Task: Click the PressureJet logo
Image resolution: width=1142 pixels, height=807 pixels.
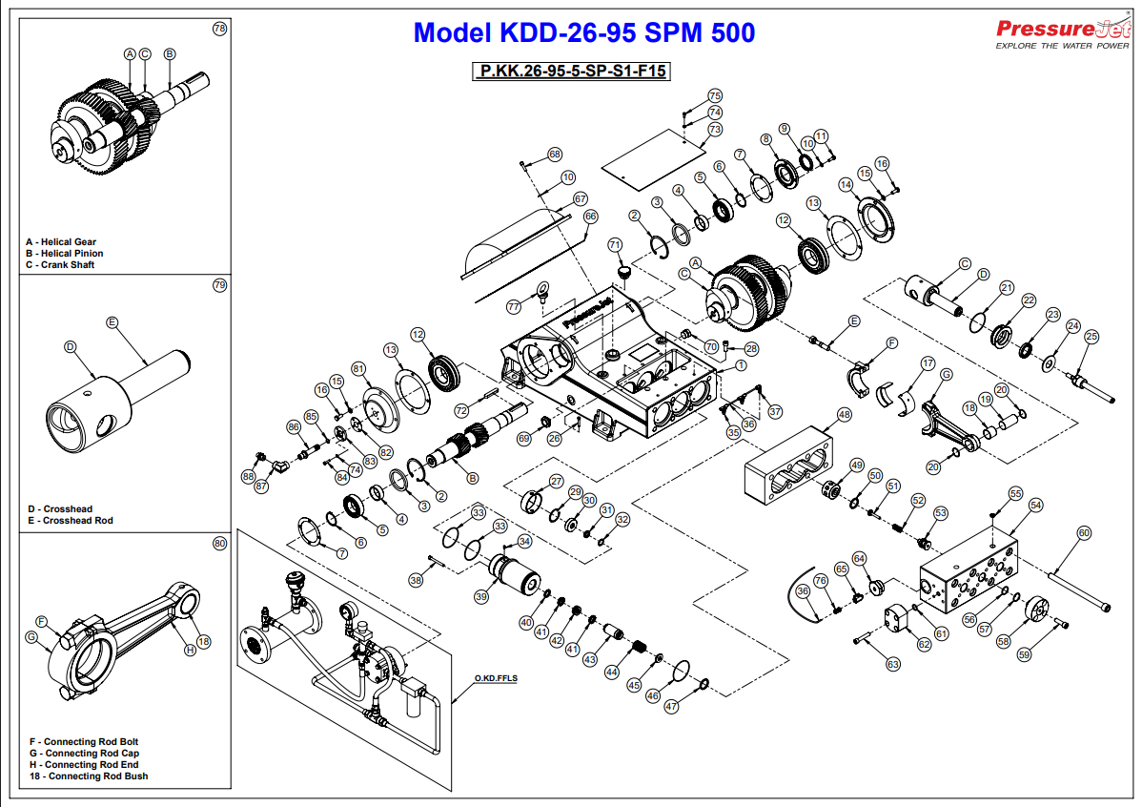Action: [1061, 33]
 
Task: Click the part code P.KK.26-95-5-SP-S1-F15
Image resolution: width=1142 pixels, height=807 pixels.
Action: [571, 72]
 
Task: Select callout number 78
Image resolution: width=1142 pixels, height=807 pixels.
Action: [219, 29]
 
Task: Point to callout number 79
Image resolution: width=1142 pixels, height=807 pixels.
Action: [219, 285]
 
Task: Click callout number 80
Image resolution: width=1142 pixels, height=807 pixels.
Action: [219, 544]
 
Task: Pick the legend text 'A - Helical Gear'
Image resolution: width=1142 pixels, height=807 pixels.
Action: [61, 242]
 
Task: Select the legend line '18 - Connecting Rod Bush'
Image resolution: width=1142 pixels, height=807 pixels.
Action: [89, 776]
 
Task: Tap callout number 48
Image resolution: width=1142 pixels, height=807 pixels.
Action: [844, 415]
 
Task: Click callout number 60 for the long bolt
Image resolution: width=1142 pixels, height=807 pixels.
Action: [1083, 533]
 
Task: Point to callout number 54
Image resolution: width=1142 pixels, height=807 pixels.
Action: [1035, 505]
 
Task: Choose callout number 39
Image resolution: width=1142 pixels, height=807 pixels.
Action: [481, 596]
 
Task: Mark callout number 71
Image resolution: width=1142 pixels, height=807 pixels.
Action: [615, 245]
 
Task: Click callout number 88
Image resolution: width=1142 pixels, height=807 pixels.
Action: [249, 475]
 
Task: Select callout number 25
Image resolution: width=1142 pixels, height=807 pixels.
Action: [1091, 336]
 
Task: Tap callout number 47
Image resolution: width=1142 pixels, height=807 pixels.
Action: [671, 707]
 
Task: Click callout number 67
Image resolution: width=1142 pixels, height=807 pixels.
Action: [580, 199]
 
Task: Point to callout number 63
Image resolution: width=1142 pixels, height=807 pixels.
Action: [893, 663]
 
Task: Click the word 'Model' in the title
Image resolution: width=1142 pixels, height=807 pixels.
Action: [452, 32]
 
